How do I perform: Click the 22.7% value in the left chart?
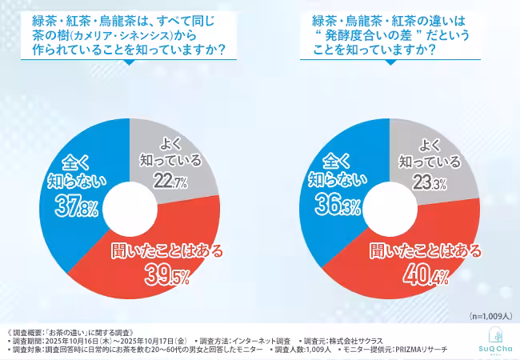[173, 182]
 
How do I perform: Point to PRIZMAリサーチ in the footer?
[425, 350]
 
